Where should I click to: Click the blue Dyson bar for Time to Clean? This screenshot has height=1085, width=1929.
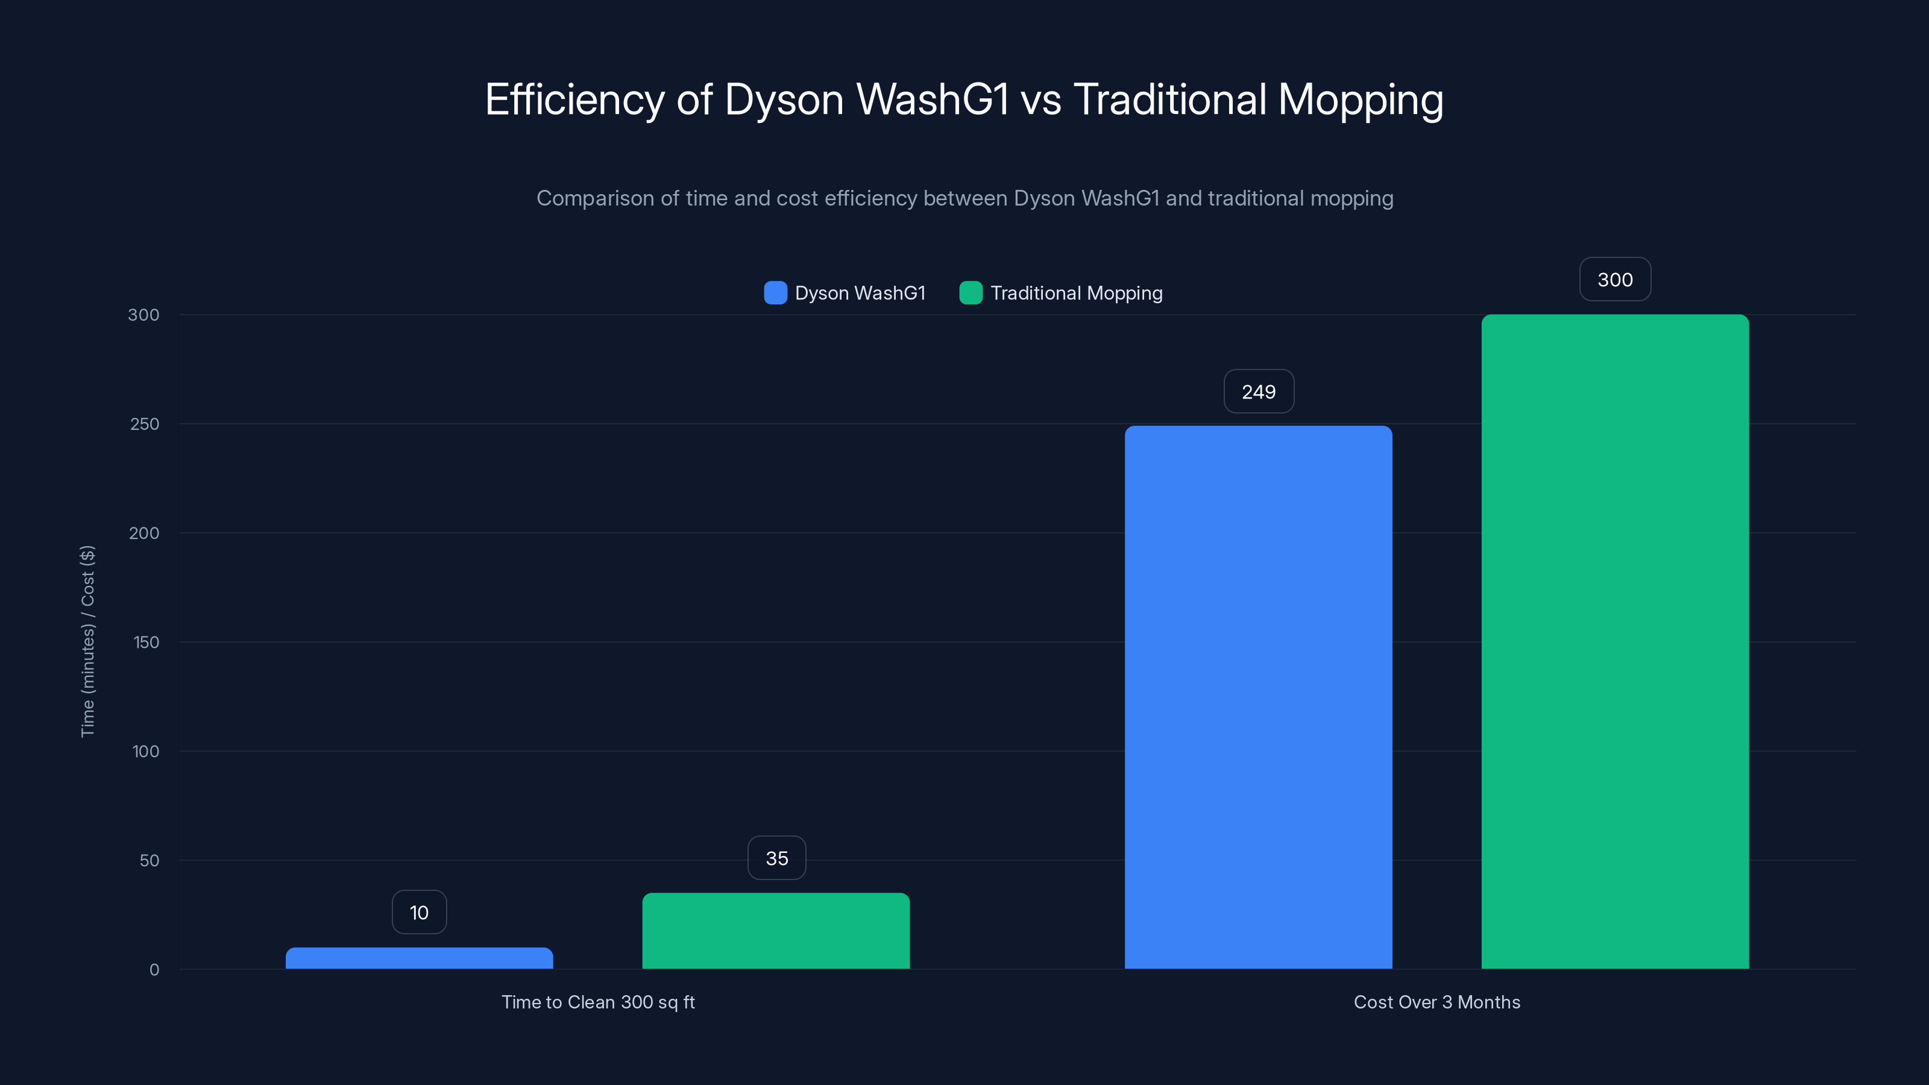[x=420, y=958]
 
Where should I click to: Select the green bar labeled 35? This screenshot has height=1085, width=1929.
[x=776, y=931]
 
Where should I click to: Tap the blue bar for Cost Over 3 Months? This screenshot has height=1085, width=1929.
[x=1258, y=696]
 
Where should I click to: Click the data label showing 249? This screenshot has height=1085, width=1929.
[x=1258, y=392]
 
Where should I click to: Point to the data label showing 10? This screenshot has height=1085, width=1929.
[x=420, y=912]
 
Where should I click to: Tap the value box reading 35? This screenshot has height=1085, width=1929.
[x=776, y=858]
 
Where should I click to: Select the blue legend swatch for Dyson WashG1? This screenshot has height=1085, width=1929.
[x=775, y=293]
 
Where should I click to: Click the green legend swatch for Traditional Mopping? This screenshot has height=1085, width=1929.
[x=971, y=293]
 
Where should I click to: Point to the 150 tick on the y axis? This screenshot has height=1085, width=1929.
[x=146, y=643]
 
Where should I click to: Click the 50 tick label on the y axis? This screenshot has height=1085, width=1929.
[x=149, y=860]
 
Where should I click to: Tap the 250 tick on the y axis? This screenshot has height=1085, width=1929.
[x=145, y=424]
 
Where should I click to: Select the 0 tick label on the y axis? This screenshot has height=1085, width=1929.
[x=154, y=970]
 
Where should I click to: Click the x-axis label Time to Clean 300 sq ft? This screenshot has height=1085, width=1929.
[x=597, y=1002]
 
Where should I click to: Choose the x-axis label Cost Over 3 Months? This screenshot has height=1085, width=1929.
[x=1437, y=1002]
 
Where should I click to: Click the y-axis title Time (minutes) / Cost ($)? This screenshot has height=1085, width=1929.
[x=87, y=641]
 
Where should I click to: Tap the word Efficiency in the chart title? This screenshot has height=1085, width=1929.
[x=574, y=99]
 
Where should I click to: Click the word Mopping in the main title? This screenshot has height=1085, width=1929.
[x=1360, y=99]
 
